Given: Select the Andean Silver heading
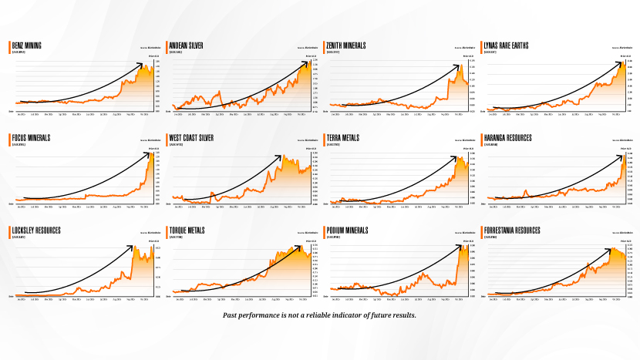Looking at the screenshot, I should tap(186, 45).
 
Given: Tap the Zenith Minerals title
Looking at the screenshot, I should tap(346, 45).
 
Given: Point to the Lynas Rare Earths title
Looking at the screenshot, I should tap(510, 45).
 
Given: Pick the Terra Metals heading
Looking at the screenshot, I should tap(345, 138).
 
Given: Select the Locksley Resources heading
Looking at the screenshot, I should tap(35, 230).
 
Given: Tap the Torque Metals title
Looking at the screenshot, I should tap(188, 230).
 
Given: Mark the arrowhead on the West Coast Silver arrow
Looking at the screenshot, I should tap(281, 156).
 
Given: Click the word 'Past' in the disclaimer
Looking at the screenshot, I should tap(230, 315).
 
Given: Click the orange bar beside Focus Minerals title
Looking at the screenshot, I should tap(9, 140).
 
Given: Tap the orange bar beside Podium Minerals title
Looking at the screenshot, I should tap(325, 232).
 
